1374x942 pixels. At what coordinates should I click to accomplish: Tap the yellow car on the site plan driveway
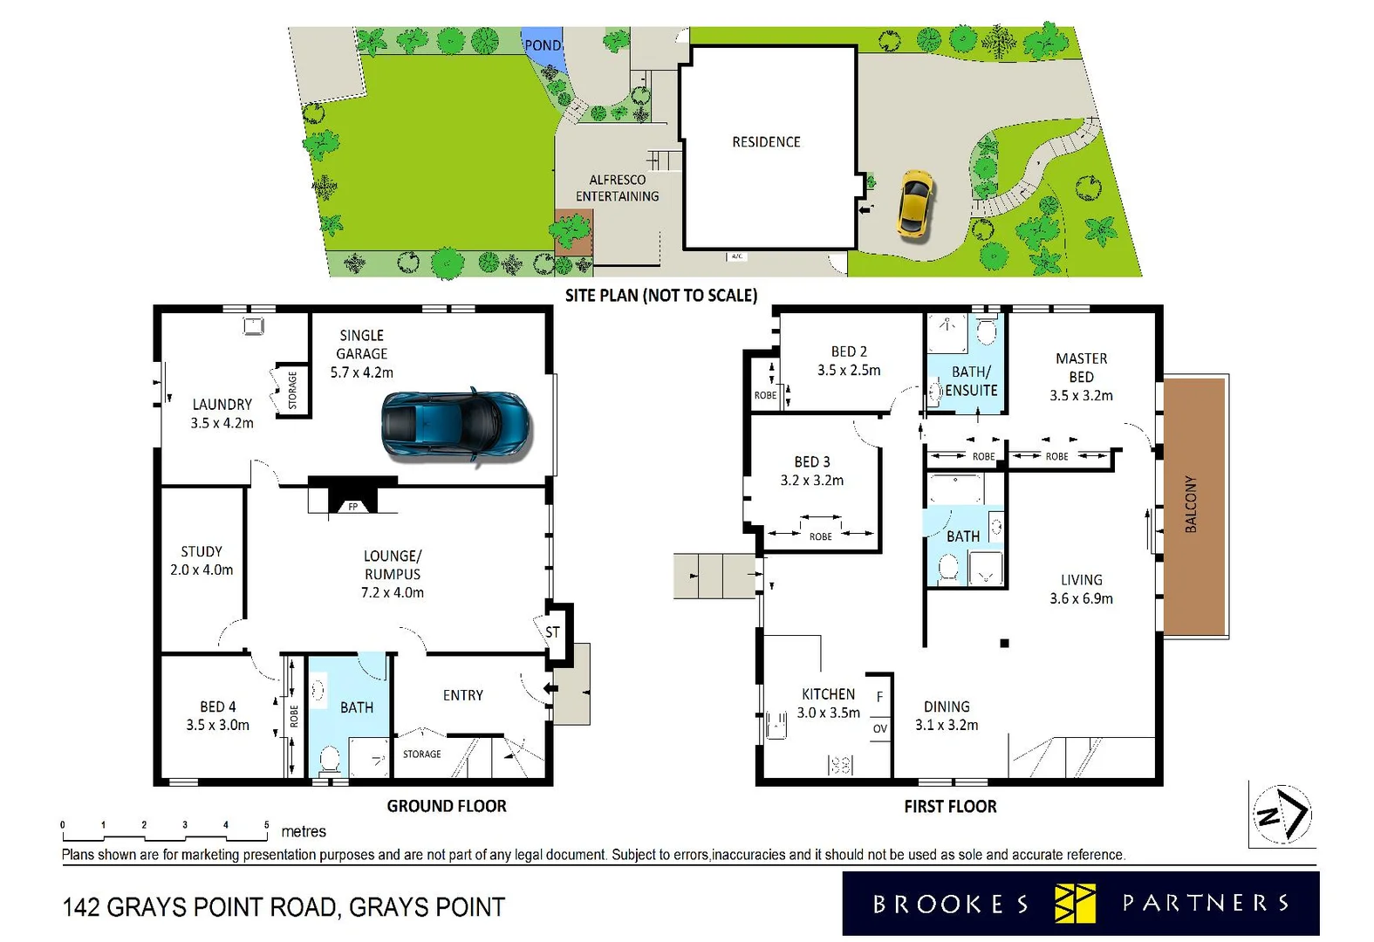[914, 202]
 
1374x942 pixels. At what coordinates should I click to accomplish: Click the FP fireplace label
[353, 506]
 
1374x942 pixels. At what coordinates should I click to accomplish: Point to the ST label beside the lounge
[552, 631]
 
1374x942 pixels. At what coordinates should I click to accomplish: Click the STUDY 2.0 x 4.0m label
[202, 561]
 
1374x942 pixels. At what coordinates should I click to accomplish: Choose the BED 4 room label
[217, 715]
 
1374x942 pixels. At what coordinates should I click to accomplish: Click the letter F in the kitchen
[879, 696]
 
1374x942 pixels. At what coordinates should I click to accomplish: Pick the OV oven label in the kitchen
[879, 728]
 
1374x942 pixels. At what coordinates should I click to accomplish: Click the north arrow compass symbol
[1282, 815]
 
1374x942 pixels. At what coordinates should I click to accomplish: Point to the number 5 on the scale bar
[266, 824]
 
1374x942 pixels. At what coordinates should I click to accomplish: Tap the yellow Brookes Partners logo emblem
[1074, 903]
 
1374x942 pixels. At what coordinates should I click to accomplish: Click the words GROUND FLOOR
[447, 806]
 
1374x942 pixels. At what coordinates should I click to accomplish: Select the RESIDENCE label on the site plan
[766, 141]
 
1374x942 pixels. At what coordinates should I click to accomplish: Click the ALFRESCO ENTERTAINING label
[618, 188]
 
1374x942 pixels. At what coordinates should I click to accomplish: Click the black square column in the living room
[1004, 643]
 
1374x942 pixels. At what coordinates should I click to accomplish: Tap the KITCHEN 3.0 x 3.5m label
[828, 703]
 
